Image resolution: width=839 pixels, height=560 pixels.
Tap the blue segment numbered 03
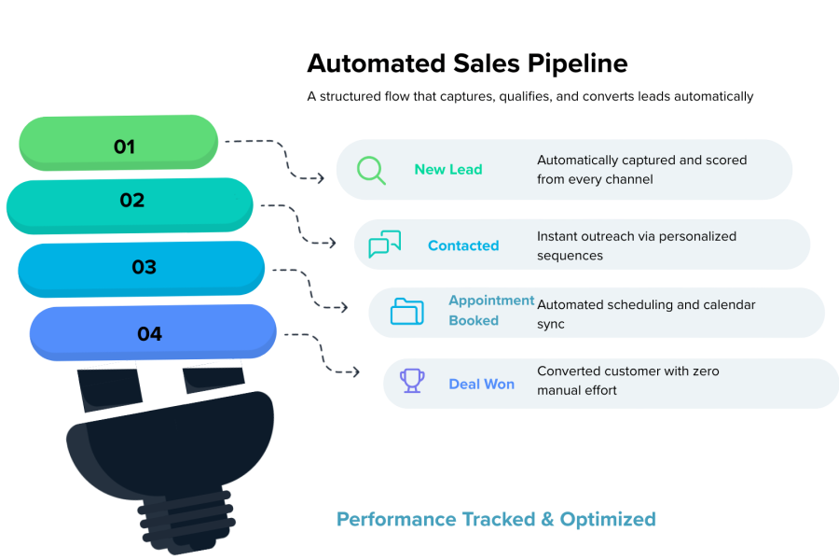point(142,267)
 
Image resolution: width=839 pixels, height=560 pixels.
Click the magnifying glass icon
point(371,170)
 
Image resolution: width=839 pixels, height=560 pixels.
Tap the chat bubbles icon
point(384,245)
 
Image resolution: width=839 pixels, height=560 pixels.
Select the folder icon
point(406,311)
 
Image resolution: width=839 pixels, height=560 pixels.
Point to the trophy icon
point(412,380)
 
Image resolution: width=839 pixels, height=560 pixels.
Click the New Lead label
point(448,170)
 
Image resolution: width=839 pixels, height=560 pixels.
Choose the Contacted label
point(463,245)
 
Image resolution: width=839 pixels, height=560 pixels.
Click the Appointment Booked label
point(491,311)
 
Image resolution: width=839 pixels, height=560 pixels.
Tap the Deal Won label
point(482,384)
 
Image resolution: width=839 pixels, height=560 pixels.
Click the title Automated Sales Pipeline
point(467,64)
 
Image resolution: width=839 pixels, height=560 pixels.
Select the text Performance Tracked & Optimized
point(496,519)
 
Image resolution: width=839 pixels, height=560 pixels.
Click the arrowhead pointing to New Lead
point(320,177)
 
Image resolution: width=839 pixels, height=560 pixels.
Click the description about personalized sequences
point(637,245)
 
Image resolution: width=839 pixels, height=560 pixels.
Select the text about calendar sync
point(646,315)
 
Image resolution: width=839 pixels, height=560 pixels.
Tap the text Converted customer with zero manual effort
point(627,381)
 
